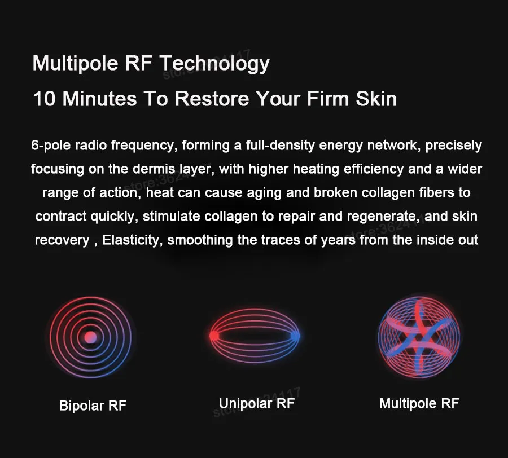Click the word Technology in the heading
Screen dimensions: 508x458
pos(215,63)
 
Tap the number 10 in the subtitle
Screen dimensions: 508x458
pos(45,98)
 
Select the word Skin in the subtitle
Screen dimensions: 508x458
pos(376,98)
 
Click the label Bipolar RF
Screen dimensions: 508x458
pos(93,406)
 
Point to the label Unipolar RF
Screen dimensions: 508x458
pos(257,404)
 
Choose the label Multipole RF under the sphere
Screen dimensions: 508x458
pos(419,404)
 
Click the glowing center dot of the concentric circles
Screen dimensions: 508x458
pos(90,337)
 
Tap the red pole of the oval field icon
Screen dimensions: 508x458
pos(214,336)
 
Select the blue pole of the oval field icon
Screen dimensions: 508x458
pos(295,336)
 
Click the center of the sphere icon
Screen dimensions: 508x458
pos(419,337)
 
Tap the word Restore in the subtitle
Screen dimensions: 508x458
pos(212,98)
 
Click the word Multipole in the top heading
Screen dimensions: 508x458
pos(76,63)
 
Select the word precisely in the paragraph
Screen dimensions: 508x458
pos(454,146)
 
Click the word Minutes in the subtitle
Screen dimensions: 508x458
pos(99,98)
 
